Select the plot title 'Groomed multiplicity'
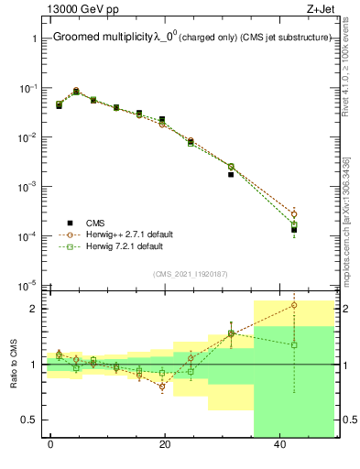pyautogui.click(x=102, y=38)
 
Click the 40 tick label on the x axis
pyautogui.click(x=279, y=445)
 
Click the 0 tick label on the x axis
pyautogui.click(x=50, y=445)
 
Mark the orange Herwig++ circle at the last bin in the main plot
pyautogui.click(x=294, y=213)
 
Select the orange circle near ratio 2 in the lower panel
pyautogui.click(x=294, y=305)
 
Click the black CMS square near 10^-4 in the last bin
pyautogui.click(x=294, y=230)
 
